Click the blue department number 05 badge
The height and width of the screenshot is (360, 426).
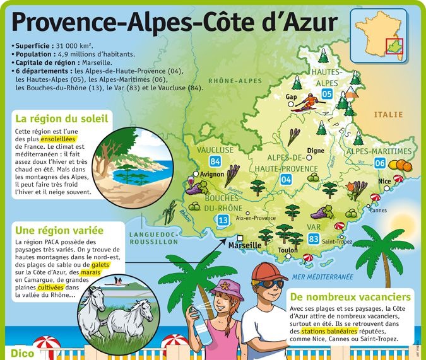pyautogui.click(x=327, y=95)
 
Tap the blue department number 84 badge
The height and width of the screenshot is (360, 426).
pyautogui.click(x=215, y=162)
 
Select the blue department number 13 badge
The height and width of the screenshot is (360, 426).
pyautogui.click(x=223, y=220)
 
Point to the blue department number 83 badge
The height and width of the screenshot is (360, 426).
pyautogui.click(x=314, y=239)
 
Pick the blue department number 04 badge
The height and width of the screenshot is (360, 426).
pyautogui.click(x=286, y=180)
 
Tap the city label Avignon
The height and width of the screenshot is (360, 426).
pyautogui.click(x=212, y=174)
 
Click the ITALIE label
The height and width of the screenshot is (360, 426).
pyautogui.click(x=388, y=115)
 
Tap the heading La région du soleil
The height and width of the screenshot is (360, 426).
pyautogui.click(x=62, y=118)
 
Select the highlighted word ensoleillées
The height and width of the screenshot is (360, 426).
pyautogui.click(x=61, y=139)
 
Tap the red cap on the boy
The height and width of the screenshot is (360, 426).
pyautogui.click(x=268, y=272)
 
